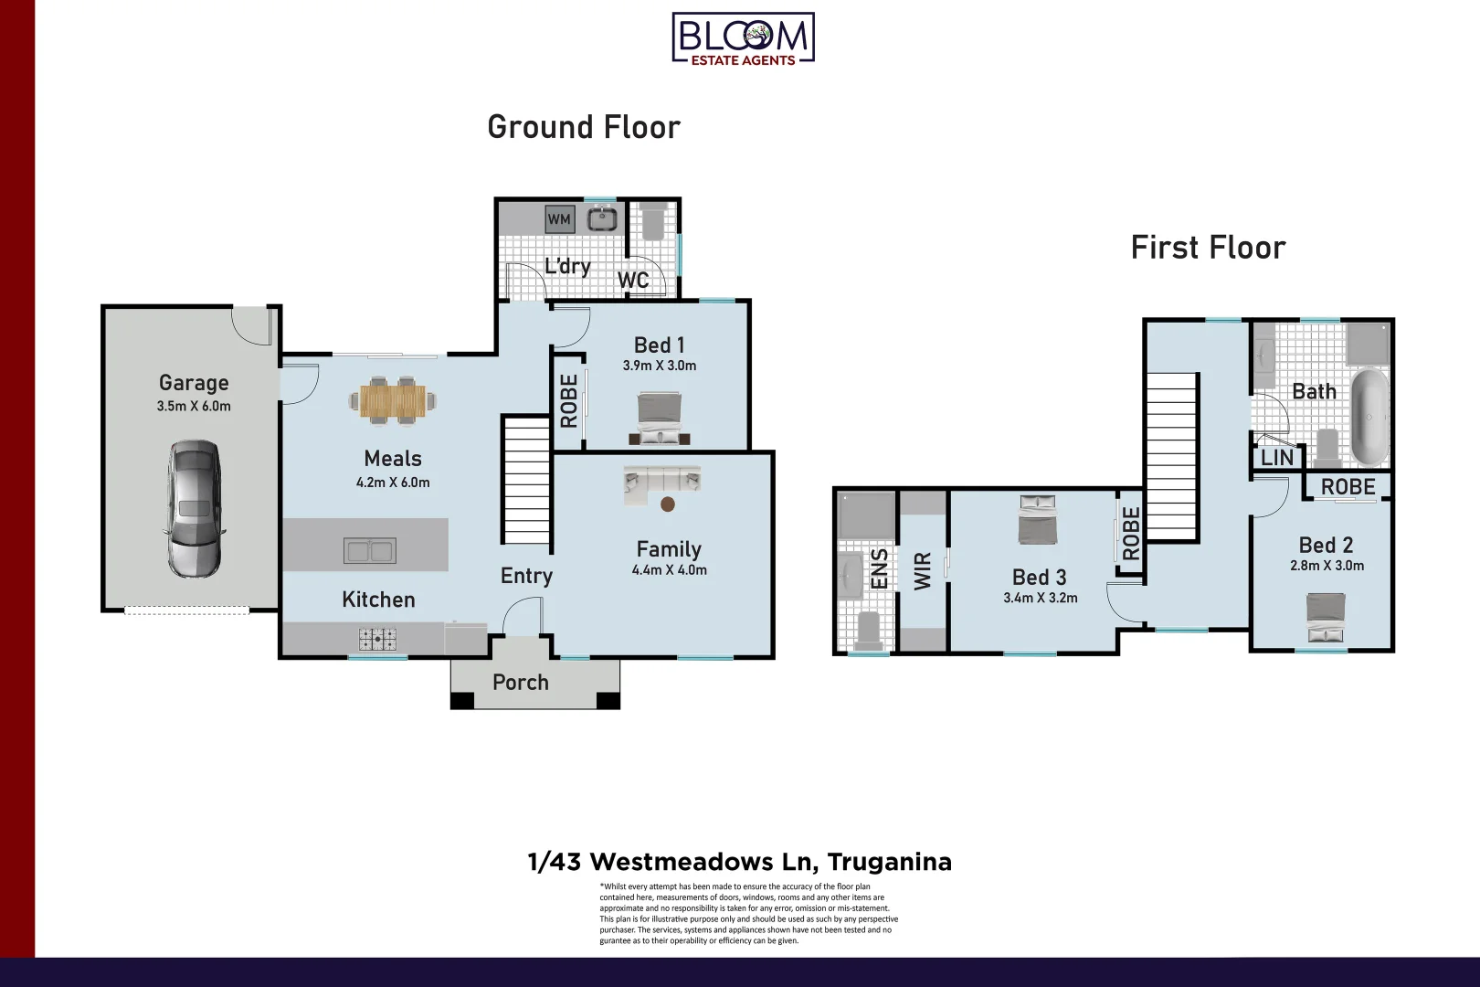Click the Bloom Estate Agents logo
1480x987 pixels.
click(x=743, y=38)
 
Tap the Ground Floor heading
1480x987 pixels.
click(x=584, y=127)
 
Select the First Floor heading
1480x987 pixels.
click(x=1208, y=248)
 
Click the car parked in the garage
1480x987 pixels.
click(x=194, y=508)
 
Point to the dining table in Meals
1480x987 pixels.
click(x=393, y=400)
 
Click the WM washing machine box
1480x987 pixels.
click(x=559, y=219)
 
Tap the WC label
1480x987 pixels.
click(x=633, y=280)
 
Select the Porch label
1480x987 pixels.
click(x=521, y=683)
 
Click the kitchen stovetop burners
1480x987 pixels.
click(x=376, y=638)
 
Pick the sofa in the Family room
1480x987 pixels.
click(x=662, y=483)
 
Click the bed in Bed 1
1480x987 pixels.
click(x=659, y=418)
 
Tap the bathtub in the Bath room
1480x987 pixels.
click(x=1369, y=417)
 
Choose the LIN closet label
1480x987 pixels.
click(x=1276, y=457)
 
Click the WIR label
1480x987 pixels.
click(x=923, y=570)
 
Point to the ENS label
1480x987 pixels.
click(x=879, y=568)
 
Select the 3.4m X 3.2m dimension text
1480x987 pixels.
click(x=1040, y=599)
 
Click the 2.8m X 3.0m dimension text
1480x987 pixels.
click(x=1327, y=566)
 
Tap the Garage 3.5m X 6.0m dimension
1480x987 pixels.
click(x=194, y=407)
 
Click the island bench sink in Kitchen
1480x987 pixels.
click(x=369, y=550)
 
